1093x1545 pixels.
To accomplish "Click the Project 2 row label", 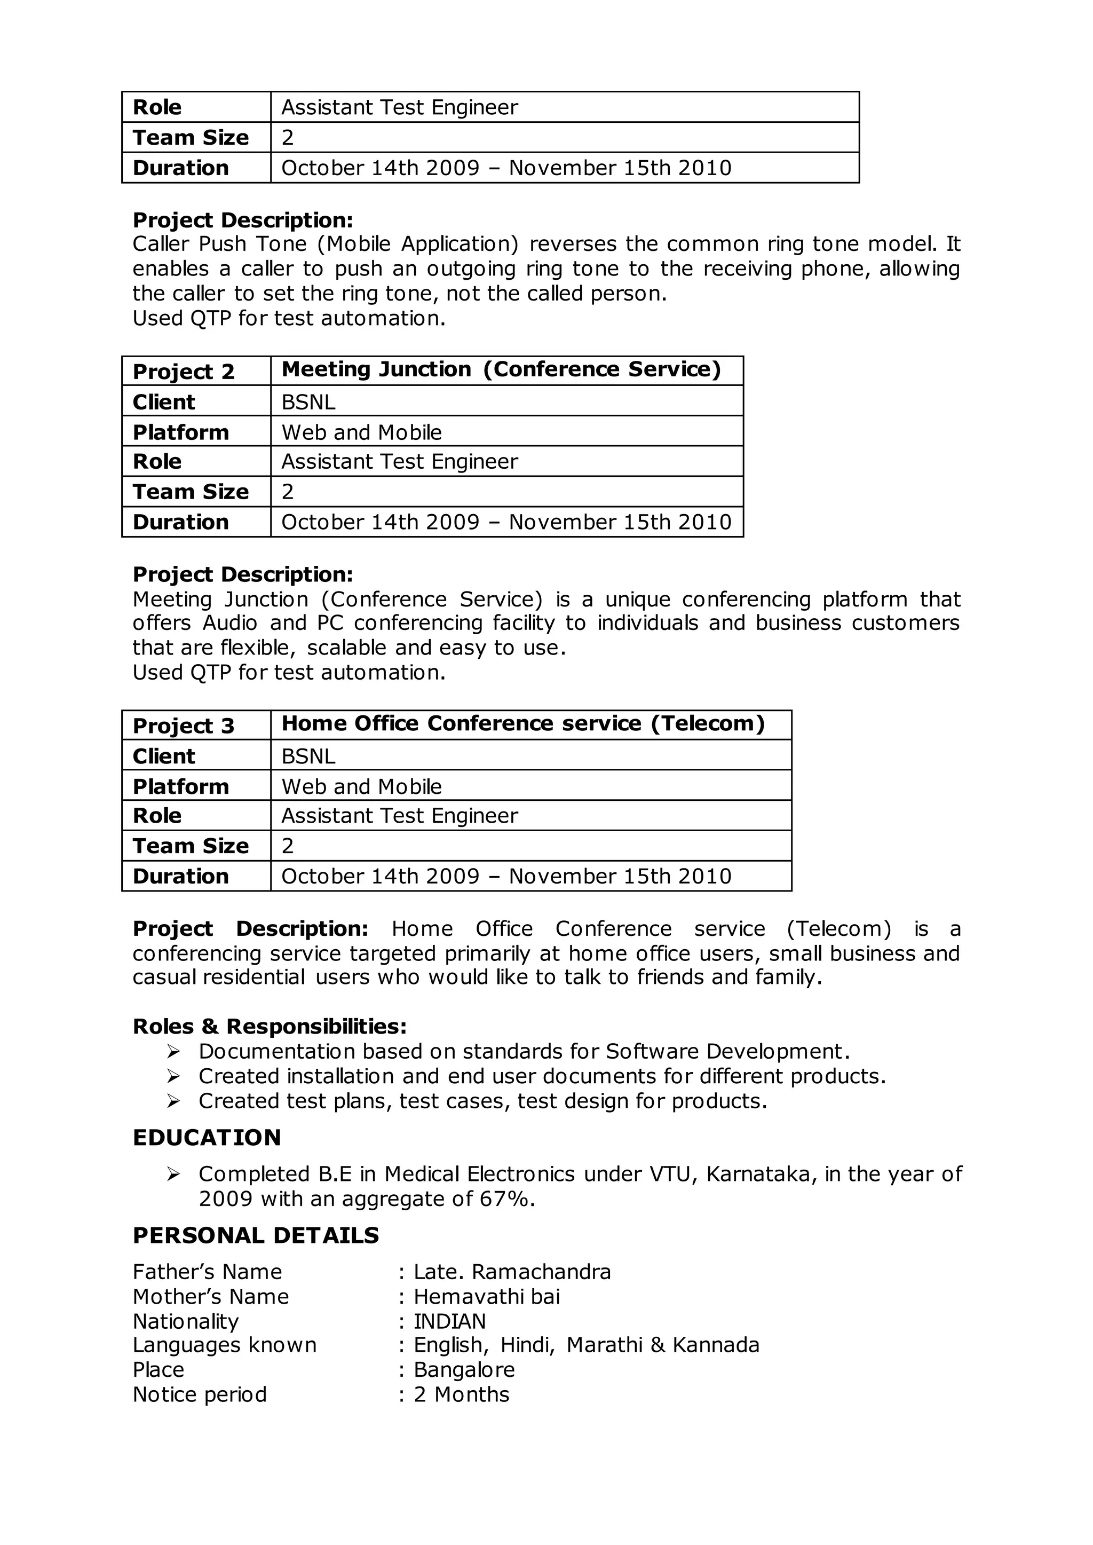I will [183, 372].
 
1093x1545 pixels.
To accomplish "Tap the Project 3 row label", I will [183, 726].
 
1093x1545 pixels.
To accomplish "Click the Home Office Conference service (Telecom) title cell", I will [523, 724].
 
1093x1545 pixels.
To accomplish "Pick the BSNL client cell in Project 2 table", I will [308, 402].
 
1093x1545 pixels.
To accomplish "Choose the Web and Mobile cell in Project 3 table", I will [361, 786].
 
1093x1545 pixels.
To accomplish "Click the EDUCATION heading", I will [207, 1137].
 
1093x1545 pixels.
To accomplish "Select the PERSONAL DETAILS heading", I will [256, 1235].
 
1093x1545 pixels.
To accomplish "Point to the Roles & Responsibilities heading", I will [269, 1026].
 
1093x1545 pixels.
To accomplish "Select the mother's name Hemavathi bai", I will [487, 1297].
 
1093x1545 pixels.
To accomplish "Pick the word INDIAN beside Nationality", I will [449, 1321].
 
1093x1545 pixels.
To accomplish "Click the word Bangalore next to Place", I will [464, 1369].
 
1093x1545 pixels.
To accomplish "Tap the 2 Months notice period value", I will [461, 1394].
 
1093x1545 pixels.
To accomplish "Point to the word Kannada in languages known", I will [716, 1345].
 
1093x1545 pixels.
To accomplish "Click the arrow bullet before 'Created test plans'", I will [173, 1101].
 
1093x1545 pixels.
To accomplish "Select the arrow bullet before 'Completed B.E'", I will [173, 1174].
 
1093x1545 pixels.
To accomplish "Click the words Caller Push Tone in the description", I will [219, 243].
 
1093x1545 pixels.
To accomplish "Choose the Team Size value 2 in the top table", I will [287, 137].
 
